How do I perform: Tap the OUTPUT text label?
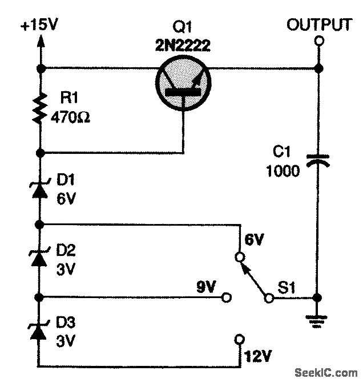click(x=319, y=25)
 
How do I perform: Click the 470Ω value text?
click(x=70, y=119)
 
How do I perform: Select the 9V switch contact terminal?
click(x=227, y=298)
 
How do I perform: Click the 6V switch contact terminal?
click(x=240, y=256)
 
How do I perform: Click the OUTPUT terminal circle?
click(x=319, y=40)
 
